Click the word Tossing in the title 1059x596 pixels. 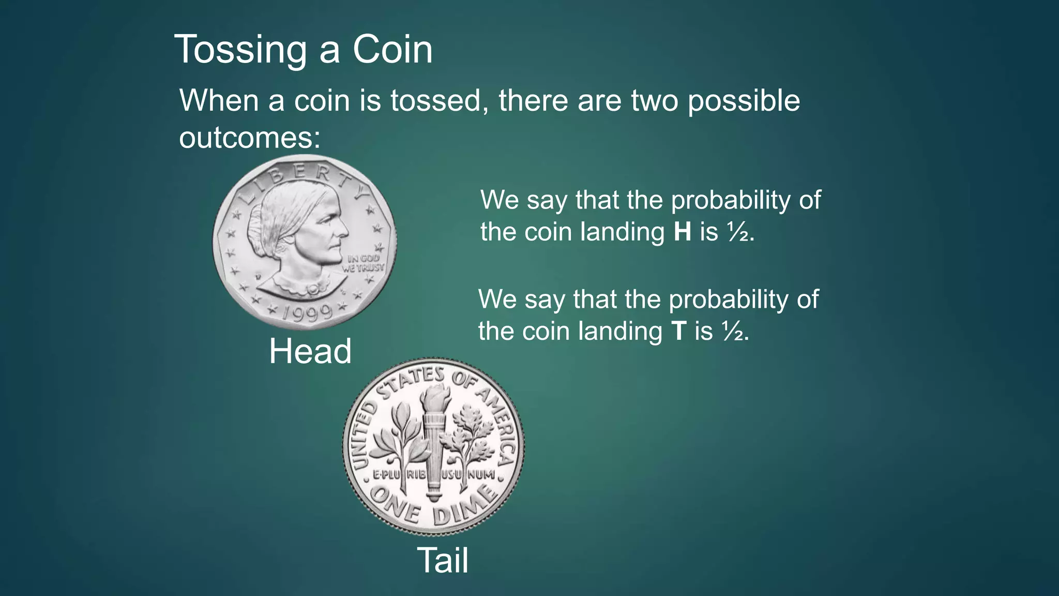click(x=240, y=50)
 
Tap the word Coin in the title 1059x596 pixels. click(x=392, y=50)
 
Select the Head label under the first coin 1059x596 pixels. click(x=310, y=351)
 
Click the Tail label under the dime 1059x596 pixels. click(x=443, y=560)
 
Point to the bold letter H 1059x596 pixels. click(x=683, y=231)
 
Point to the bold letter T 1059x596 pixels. click(x=679, y=331)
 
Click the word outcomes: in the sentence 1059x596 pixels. click(x=250, y=138)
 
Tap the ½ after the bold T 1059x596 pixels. click(x=733, y=332)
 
